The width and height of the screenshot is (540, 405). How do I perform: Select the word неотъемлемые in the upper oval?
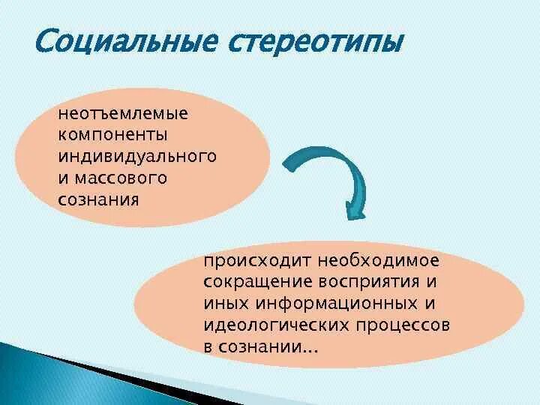124,115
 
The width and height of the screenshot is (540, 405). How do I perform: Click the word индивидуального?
137,157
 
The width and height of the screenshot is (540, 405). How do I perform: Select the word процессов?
404,327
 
